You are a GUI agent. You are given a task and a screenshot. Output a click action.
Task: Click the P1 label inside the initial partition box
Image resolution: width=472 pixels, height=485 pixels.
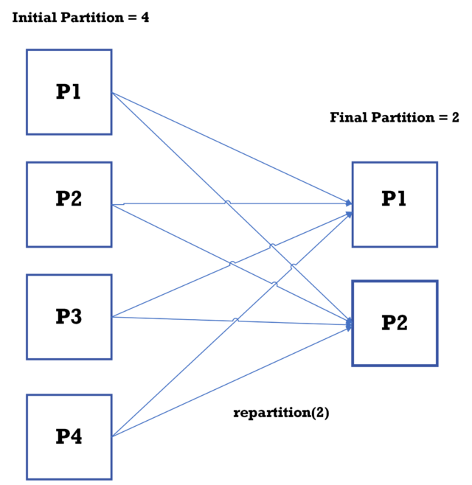point(69,92)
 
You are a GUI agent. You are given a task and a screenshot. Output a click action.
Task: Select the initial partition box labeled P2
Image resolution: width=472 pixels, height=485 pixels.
point(69,204)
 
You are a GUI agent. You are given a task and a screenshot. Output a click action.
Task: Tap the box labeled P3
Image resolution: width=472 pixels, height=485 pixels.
point(69,317)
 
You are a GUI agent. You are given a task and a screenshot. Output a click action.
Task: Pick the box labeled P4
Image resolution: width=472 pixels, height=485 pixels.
point(69,436)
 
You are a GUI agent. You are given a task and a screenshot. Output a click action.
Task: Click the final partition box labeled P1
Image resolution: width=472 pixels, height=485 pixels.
point(394,204)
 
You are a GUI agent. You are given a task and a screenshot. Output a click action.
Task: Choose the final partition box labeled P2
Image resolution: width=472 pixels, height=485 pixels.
point(394,324)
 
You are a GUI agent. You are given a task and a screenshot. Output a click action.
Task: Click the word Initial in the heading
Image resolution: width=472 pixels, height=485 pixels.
point(33,17)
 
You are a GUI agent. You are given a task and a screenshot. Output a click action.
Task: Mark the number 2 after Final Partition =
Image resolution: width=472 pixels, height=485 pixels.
point(455,117)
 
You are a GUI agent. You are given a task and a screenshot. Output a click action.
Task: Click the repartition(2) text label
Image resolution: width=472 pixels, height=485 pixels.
point(281,413)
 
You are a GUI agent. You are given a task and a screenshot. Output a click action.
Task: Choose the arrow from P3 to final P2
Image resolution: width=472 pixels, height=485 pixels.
point(184,318)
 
